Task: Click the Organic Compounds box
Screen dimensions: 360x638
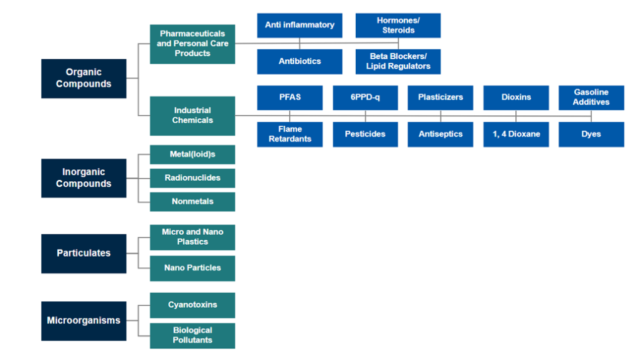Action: [83, 78]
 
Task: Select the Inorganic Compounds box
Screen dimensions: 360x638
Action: [83, 178]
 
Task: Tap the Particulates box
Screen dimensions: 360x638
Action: [83, 253]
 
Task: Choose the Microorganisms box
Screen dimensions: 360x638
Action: [83, 321]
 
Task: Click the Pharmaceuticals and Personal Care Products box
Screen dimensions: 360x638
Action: [193, 44]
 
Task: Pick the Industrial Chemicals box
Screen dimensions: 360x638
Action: [193, 116]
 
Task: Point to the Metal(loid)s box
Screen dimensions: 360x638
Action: [193, 154]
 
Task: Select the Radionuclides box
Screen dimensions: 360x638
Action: [193, 178]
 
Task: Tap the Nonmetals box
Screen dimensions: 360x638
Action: [193, 202]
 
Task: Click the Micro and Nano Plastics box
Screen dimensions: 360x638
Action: [193, 237]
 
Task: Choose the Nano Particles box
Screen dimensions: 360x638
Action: [193, 268]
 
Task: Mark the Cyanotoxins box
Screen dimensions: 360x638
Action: [193, 305]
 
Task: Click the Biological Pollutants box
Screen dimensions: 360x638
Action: [193, 336]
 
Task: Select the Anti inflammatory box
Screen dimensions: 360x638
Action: [300, 26]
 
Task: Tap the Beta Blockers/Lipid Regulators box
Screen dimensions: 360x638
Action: [398, 62]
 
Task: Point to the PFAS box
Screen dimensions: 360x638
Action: [290, 98]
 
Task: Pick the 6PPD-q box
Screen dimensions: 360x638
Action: [365, 98]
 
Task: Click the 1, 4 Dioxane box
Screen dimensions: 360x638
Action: [516, 135]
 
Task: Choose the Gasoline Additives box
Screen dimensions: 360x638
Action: [591, 98]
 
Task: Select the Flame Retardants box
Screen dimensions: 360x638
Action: [290, 135]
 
